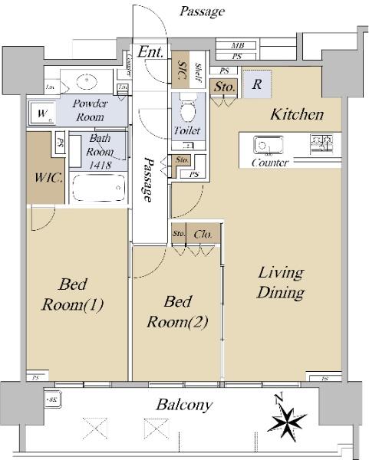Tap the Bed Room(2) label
pyautogui.click(x=177, y=312)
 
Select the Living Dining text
pyautogui.click(x=280, y=282)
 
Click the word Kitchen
pyautogui.click(x=296, y=115)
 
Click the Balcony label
pyautogui.click(x=184, y=405)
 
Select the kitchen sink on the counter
pyautogui.click(x=269, y=145)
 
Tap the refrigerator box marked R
pyautogui.click(x=257, y=84)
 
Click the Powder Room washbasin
pyautogui.click(x=86, y=81)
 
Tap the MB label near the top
pyautogui.click(x=237, y=46)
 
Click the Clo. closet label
pyautogui.click(x=203, y=234)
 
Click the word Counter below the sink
pyautogui.click(x=270, y=163)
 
